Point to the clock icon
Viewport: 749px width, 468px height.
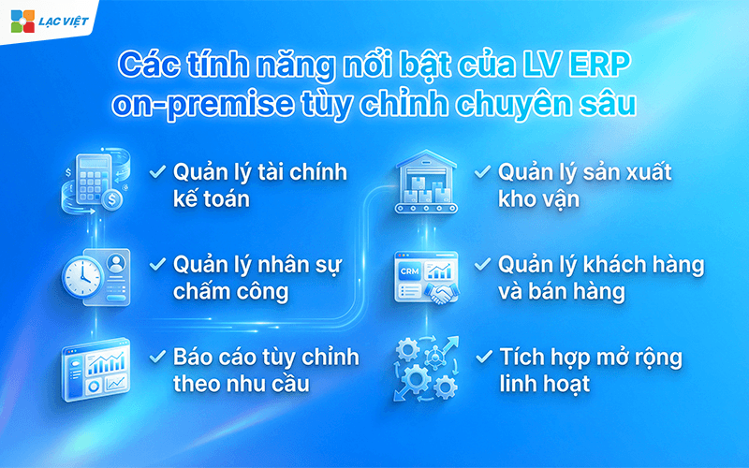(81, 275)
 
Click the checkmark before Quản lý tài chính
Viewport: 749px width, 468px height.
(158, 172)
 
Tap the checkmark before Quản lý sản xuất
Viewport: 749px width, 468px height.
(482, 172)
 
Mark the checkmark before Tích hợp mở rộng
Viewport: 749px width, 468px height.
(482, 358)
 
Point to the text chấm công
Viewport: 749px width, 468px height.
(230, 291)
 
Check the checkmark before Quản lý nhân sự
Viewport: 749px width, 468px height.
(158, 265)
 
